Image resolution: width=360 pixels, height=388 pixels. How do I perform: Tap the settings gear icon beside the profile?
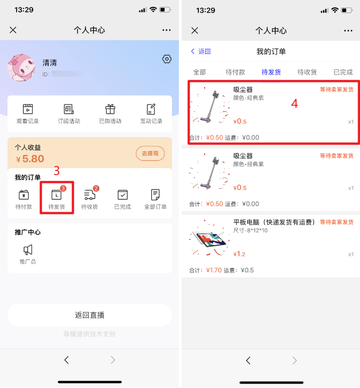point(167,59)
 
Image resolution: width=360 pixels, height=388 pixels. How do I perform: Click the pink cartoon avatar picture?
point(21,68)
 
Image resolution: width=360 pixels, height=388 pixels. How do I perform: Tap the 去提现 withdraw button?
point(150,153)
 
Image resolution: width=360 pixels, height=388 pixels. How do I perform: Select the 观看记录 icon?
point(28,109)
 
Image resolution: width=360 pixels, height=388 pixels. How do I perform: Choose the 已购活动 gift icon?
point(110,109)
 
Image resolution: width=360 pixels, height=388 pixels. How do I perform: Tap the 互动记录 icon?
point(151,109)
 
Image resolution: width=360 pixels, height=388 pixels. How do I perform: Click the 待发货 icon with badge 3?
point(57,194)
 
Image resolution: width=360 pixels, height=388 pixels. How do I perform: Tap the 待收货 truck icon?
point(90,195)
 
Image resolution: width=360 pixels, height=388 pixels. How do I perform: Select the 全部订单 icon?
point(155,195)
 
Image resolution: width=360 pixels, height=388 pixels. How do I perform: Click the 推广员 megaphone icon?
point(28,250)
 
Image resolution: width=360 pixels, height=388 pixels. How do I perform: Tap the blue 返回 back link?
point(201,51)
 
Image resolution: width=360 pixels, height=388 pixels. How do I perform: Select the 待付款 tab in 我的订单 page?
point(235,72)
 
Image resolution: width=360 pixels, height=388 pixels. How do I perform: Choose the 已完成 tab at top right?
point(343,72)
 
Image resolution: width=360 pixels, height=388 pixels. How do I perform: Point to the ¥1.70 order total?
point(214,270)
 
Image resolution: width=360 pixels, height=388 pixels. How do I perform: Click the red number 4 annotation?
point(295,103)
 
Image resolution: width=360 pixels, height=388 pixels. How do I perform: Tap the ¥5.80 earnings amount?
point(30,158)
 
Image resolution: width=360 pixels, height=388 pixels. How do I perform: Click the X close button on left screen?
point(13,30)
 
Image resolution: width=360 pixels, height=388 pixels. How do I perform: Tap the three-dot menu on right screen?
point(348,30)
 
